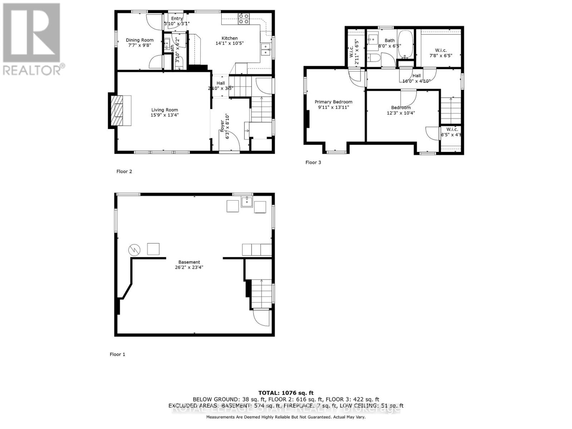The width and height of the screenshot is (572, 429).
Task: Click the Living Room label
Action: point(164,112)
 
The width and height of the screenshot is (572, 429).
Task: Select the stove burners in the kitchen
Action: point(244,19)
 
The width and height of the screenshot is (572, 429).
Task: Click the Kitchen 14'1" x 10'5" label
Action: point(230,41)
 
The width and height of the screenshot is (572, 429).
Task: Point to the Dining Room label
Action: point(140,43)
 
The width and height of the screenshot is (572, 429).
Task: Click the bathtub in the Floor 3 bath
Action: point(405,44)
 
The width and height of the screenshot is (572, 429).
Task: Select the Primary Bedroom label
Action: point(333,104)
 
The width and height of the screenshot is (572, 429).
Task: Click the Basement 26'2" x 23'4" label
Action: point(189,265)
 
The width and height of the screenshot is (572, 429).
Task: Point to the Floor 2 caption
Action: point(124,172)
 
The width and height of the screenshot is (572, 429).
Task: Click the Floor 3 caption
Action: point(313,163)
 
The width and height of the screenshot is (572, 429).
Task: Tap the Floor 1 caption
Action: point(117,355)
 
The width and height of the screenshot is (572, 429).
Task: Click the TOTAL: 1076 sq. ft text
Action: point(286,393)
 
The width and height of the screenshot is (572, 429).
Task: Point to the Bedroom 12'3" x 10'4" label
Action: point(401,110)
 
